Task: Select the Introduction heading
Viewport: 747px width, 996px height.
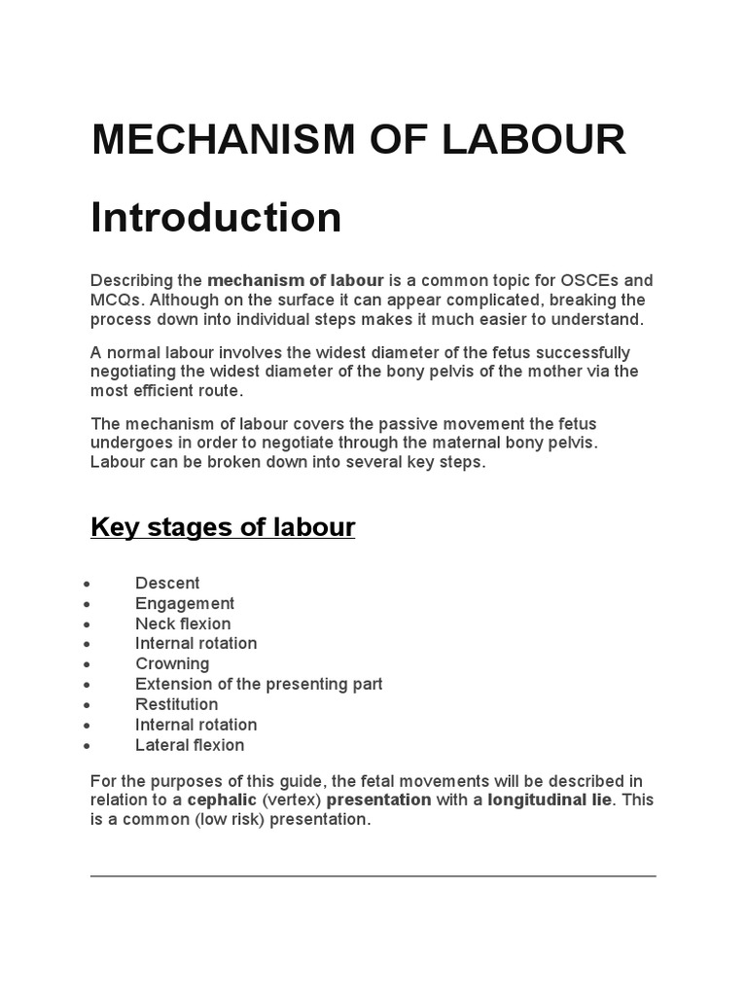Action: [216, 217]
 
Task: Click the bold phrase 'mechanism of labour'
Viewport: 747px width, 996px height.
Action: [296, 280]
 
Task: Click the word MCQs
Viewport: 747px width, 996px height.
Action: [116, 300]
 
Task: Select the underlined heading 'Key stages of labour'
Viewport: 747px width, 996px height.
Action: [223, 527]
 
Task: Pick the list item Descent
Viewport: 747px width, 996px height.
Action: [167, 583]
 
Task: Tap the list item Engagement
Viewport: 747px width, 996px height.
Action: [185, 603]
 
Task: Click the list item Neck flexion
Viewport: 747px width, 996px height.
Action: [183, 623]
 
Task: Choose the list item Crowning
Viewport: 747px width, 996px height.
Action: [172, 663]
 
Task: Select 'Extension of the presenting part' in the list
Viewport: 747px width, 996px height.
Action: [259, 684]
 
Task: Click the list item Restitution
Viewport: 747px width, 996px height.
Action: [176, 704]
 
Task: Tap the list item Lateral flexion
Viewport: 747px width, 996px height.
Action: [190, 745]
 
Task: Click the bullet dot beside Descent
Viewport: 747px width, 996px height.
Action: [88, 584]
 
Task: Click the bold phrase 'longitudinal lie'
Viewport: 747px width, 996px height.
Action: [550, 800]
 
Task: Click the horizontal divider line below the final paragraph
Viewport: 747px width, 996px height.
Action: [373, 875]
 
